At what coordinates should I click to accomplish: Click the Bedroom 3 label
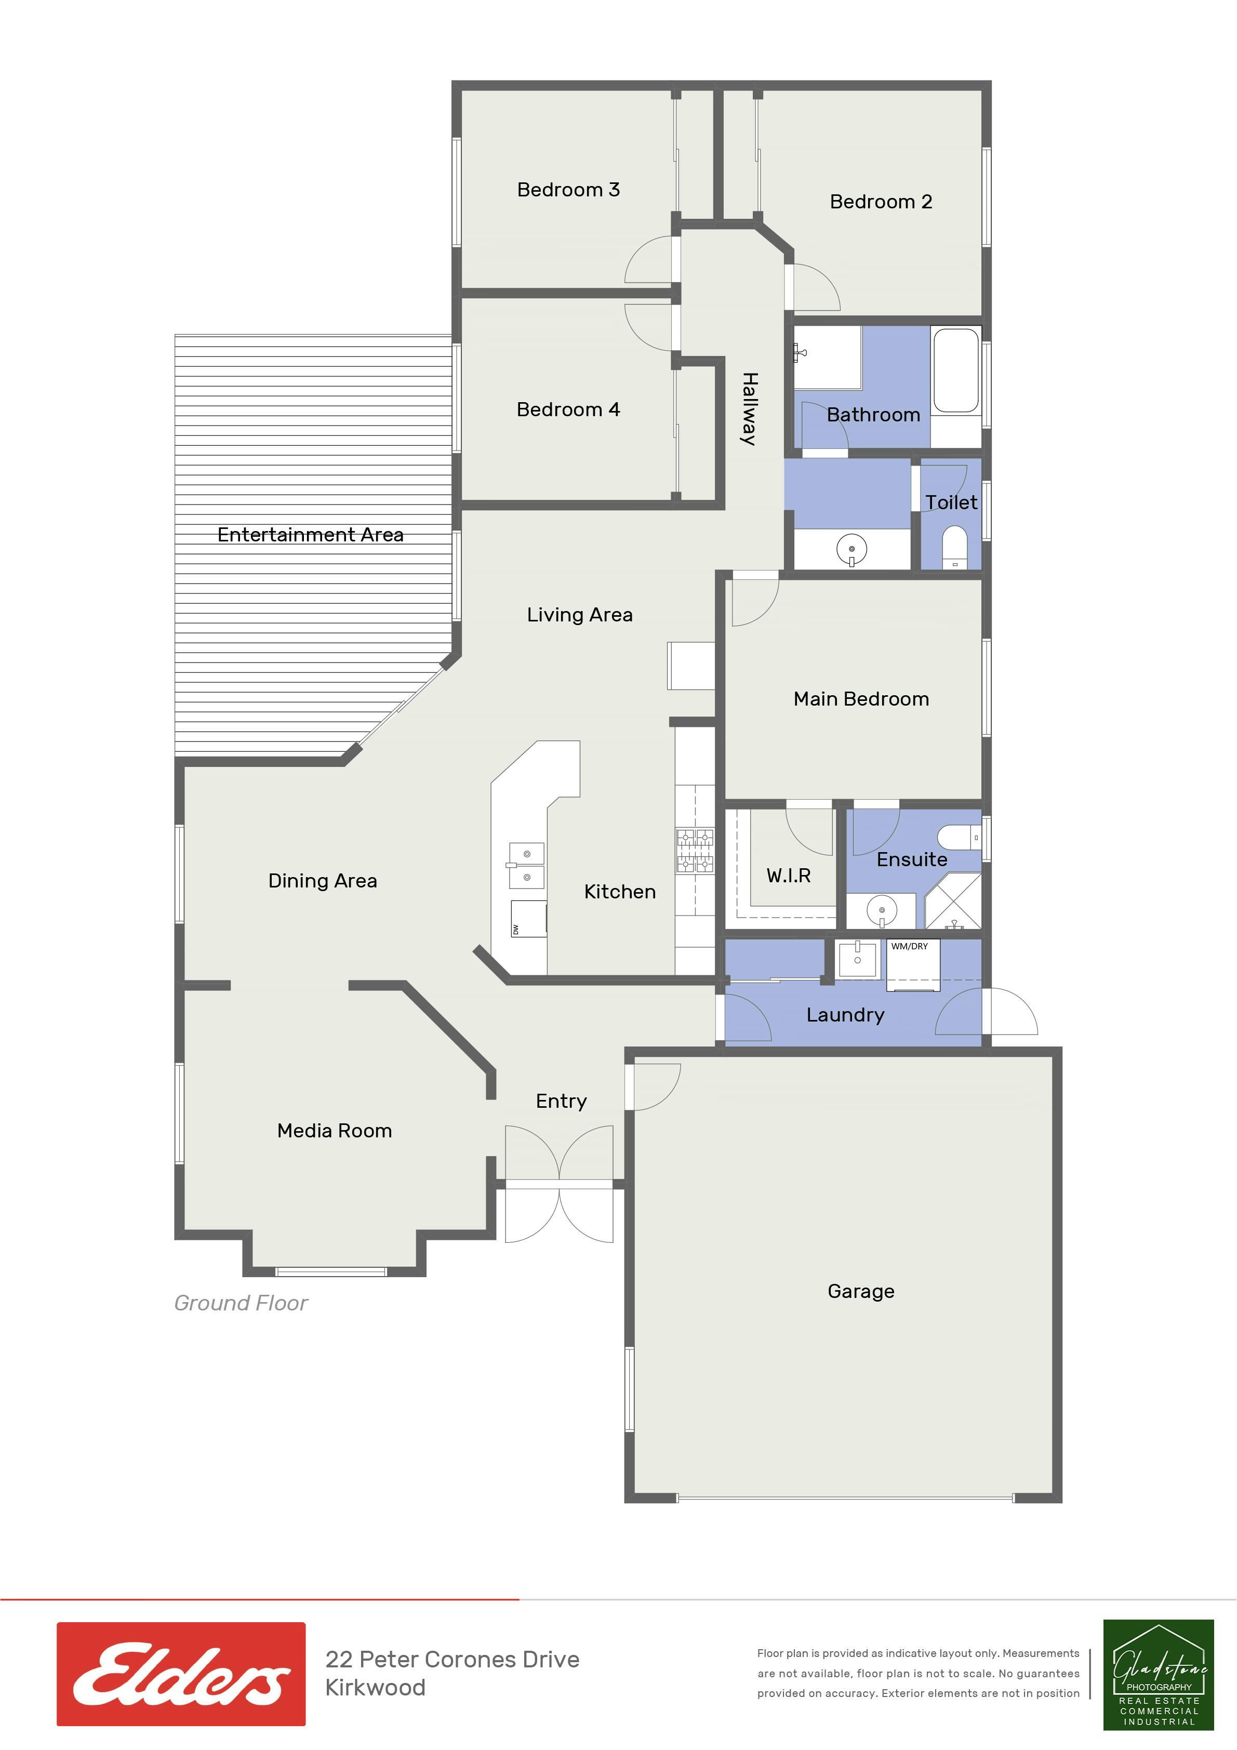(x=568, y=190)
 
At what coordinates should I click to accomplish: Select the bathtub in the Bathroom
(x=956, y=370)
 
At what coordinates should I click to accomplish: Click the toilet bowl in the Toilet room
(x=955, y=547)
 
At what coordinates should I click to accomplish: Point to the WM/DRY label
(x=909, y=947)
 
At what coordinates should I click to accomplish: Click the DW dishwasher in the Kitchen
(x=528, y=919)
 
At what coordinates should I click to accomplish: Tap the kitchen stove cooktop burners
(x=694, y=851)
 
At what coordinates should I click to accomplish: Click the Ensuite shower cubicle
(x=953, y=901)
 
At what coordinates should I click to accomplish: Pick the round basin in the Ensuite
(x=882, y=910)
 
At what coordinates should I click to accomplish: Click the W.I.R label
(x=788, y=876)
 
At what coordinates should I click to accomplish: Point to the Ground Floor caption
(x=241, y=1303)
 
